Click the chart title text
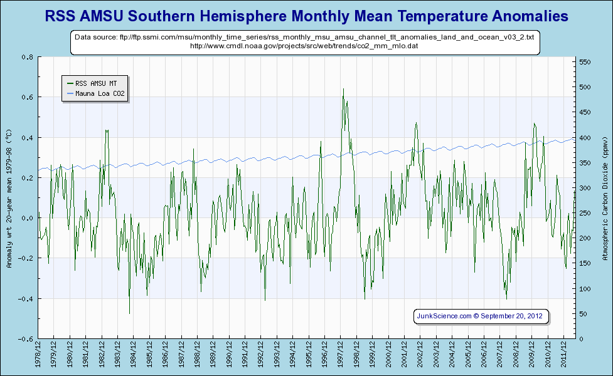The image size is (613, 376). (x=306, y=16)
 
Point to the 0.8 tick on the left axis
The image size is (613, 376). (x=27, y=57)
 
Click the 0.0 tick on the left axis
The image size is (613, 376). (x=27, y=218)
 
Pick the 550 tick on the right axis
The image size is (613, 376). (x=586, y=62)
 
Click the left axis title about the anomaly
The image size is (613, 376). (x=9, y=198)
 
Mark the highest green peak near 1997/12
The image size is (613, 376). (x=343, y=89)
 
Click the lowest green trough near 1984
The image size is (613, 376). (x=129, y=313)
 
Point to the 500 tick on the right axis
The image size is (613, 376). (x=586, y=87)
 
